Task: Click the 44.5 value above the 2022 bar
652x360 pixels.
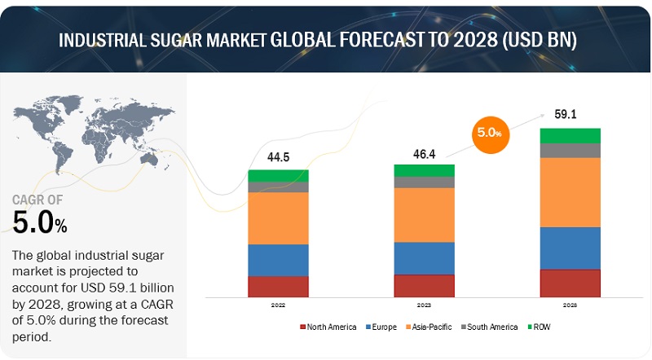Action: [x=278, y=156]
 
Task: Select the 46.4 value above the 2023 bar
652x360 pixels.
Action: [x=424, y=151]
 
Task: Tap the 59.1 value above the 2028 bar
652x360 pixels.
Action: [x=570, y=115]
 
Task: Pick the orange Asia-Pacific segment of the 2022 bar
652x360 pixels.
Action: [x=278, y=218]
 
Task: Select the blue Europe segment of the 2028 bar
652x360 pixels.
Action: [x=570, y=248]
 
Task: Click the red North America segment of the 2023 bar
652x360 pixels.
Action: [x=424, y=285]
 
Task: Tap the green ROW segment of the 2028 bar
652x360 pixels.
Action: [x=570, y=135]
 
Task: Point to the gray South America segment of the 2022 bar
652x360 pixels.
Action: [x=278, y=187]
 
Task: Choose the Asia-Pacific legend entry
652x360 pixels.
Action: [x=430, y=327]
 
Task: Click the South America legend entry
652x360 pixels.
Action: [x=491, y=327]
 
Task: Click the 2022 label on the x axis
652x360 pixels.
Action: [x=278, y=306]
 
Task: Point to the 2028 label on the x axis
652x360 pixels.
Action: [x=570, y=306]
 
